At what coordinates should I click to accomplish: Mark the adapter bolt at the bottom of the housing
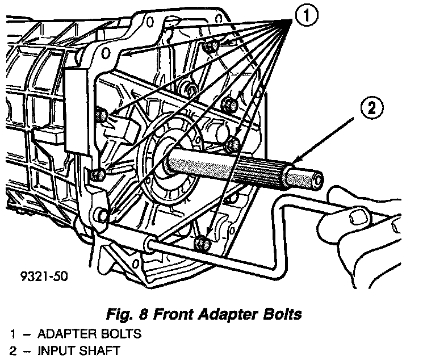click(x=201, y=244)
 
